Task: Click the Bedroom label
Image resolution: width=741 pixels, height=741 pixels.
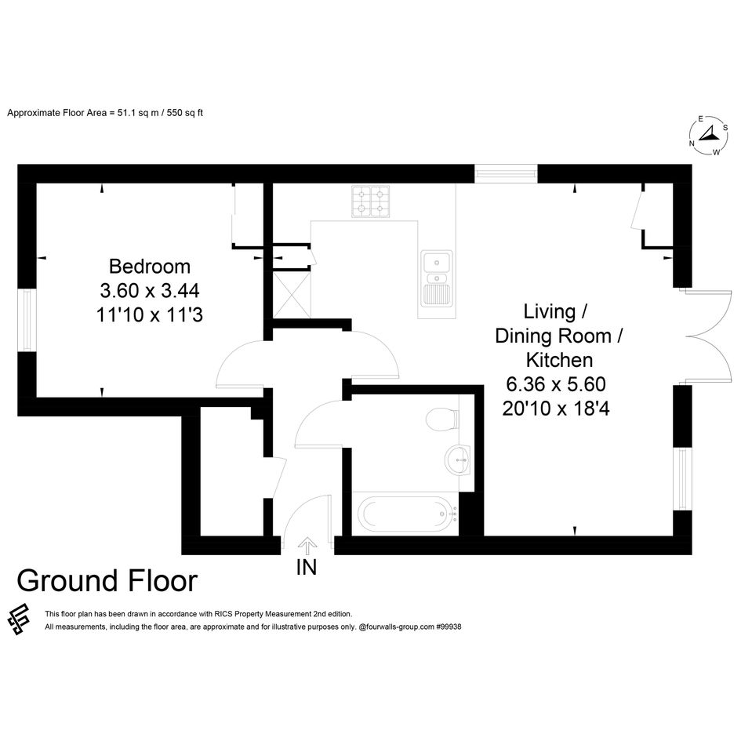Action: pyautogui.click(x=150, y=267)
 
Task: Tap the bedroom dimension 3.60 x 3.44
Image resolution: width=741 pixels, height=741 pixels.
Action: pyautogui.click(x=150, y=291)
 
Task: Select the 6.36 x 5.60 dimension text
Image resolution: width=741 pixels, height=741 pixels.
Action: pyautogui.click(x=556, y=384)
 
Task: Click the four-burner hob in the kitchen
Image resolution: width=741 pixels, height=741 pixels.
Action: pyautogui.click(x=370, y=202)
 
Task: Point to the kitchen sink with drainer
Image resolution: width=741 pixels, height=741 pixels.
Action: pyautogui.click(x=437, y=278)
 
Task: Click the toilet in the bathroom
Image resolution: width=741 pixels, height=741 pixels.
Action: pyautogui.click(x=442, y=419)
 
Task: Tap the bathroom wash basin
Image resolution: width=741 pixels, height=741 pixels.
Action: pyautogui.click(x=457, y=459)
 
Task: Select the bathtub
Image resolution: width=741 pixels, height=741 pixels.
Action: pyautogui.click(x=406, y=514)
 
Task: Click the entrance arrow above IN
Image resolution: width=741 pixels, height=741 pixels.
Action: pyautogui.click(x=307, y=546)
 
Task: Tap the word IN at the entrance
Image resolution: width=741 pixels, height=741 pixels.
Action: pyautogui.click(x=307, y=568)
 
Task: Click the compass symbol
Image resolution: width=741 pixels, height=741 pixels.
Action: pyautogui.click(x=708, y=136)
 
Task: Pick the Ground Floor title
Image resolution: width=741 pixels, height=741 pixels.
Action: pyautogui.click(x=107, y=581)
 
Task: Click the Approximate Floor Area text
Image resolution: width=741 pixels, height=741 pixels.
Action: pyautogui.click(x=105, y=113)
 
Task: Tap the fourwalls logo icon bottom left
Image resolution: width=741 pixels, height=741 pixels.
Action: pyautogui.click(x=19, y=619)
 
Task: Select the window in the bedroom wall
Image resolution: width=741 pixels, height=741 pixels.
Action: pyautogui.click(x=27, y=320)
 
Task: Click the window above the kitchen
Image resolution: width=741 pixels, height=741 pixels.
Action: pyautogui.click(x=506, y=173)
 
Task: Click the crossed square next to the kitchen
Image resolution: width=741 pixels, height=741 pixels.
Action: pyautogui.click(x=292, y=295)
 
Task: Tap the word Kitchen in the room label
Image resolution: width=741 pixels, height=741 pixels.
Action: pyautogui.click(x=559, y=360)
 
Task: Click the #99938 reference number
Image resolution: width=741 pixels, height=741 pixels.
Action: pyautogui.click(x=449, y=627)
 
